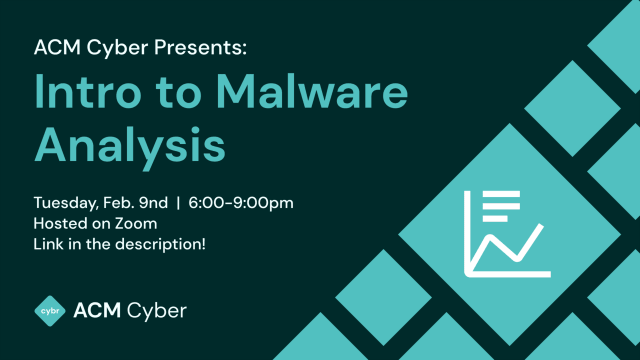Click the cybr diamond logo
coord(50,310)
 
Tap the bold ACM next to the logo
coord(97,310)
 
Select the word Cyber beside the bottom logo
coord(156,311)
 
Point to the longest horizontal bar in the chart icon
coord(501,194)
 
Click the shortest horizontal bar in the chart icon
coord(495,218)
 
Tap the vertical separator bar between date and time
coord(178,203)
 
